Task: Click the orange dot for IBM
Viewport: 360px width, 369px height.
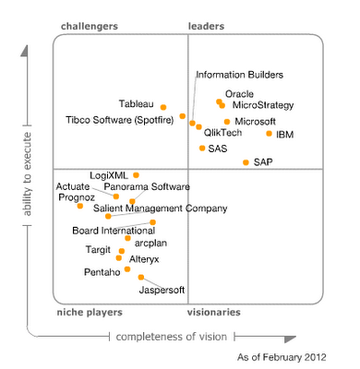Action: click(x=270, y=133)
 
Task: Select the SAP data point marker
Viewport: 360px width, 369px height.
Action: click(x=246, y=162)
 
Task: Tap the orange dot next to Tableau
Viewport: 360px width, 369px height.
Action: click(x=163, y=107)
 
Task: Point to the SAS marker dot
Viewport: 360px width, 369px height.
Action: click(x=202, y=148)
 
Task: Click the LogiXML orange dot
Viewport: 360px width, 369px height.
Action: click(x=136, y=174)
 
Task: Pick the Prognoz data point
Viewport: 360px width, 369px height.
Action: click(x=80, y=206)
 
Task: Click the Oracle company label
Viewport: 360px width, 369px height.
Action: click(x=239, y=93)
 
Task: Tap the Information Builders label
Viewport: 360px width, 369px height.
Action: click(x=239, y=75)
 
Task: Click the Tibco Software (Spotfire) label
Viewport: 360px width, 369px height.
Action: click(x=124, y=121)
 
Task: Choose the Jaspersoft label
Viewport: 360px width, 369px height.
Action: click(x=161, y=291)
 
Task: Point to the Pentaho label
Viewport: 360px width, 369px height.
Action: click(x=102, y=272)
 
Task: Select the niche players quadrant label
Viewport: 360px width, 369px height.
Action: click(x=90, y=313)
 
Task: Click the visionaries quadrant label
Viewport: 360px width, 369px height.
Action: click(x=214, y=313)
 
